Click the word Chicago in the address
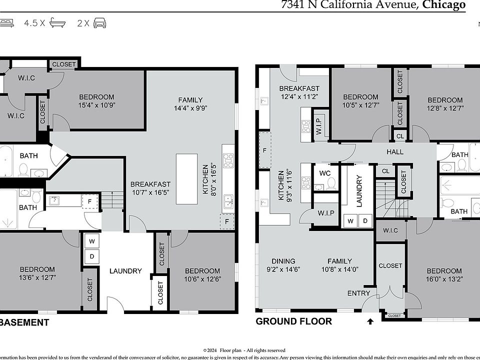coord(443,5)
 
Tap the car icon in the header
coord(99,23)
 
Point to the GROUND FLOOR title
coord(293,321)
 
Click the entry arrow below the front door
coord(370,321)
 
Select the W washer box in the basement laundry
coord(92,241)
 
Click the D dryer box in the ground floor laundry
coord(365,220)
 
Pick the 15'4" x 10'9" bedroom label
coord(96,101)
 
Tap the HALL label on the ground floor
coord(395,152)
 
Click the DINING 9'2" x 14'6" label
coord(283,265)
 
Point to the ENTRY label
coord(358,293)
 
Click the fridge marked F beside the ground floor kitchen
coord(264,150)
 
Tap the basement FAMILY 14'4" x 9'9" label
coord(190,103)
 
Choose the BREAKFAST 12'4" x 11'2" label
coord(299,92)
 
